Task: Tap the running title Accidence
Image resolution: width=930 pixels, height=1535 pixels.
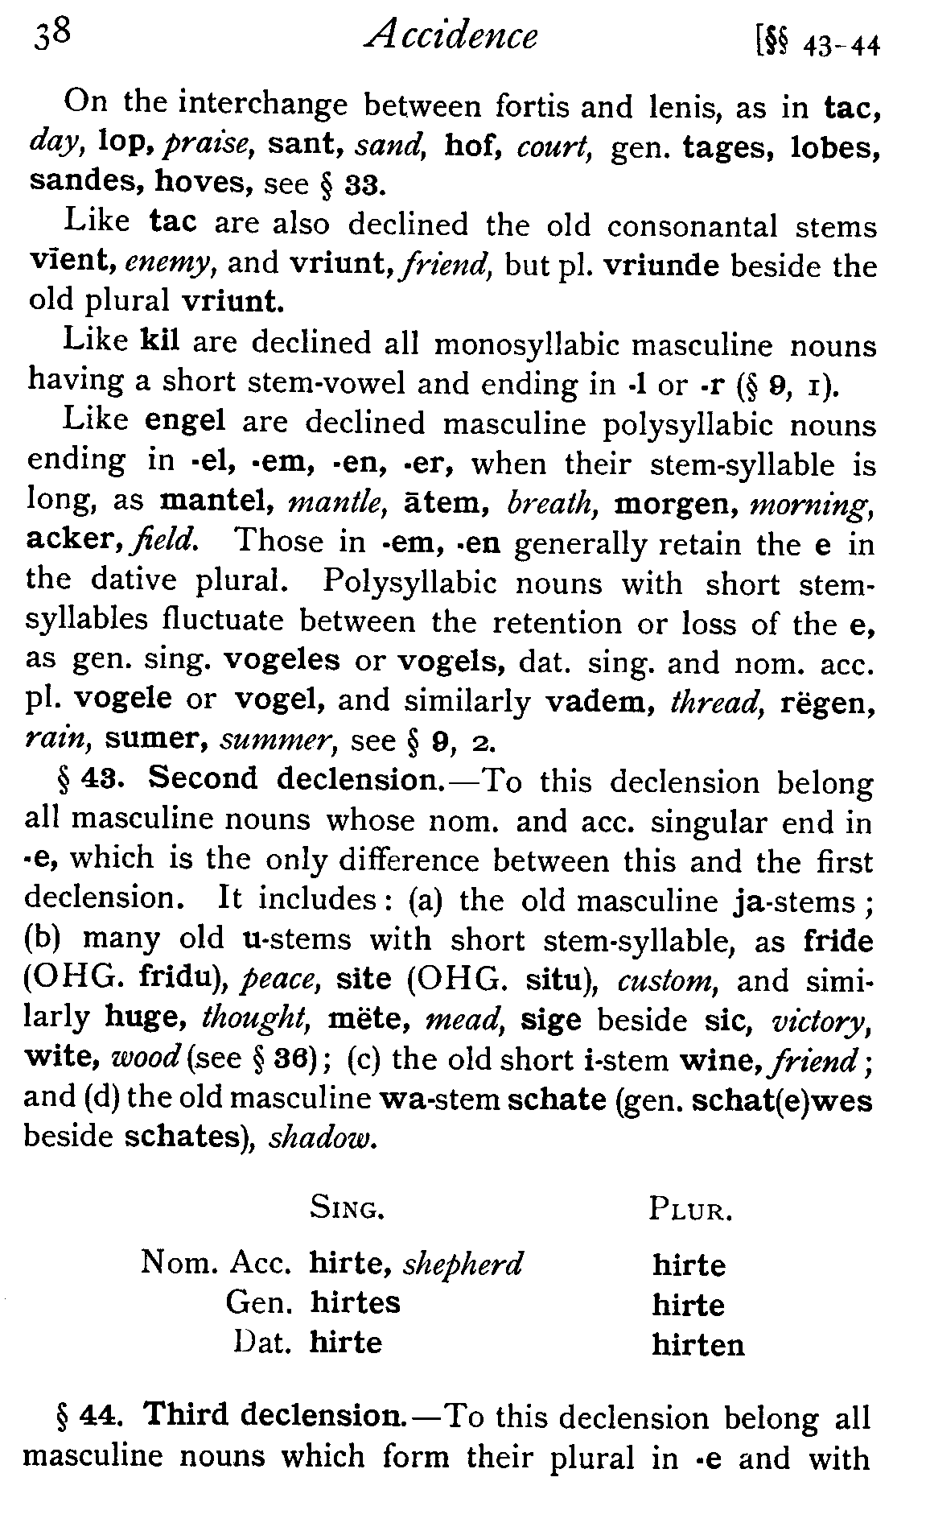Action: tap(450, 36)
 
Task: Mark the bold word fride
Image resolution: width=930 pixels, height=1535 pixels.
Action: tap(837, 940)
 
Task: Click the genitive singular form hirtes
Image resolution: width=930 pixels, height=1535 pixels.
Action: tap(355, 1302)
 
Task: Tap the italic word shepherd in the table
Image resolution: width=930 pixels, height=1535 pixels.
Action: tap(463, 1264)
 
